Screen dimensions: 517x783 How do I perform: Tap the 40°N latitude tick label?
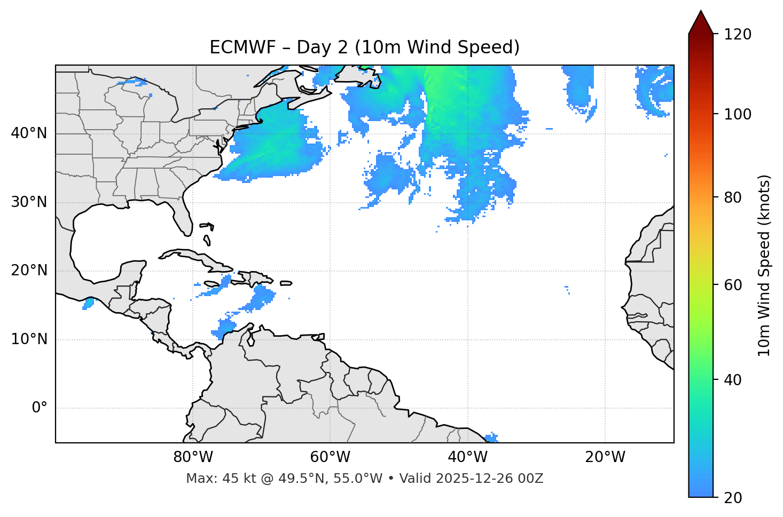click(29, 133)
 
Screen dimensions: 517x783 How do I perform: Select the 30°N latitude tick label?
click(29, 202)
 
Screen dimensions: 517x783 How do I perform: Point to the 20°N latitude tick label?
click(29, 271)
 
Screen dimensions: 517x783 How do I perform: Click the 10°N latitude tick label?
click(29, 339)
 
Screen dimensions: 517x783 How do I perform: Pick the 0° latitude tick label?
click(40, 408)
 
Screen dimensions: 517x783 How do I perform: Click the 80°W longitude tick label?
click(193, 457)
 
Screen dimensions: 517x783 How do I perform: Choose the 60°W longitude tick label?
click(330, 457)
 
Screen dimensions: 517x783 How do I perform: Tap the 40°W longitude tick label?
click(467, 457)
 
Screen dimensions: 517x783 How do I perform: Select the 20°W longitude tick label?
click(605, 457)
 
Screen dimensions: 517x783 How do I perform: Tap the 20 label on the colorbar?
click(733, 498)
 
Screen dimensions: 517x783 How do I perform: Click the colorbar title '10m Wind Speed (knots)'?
click(764, 266)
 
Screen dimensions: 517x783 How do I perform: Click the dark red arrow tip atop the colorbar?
click(701, 21)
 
